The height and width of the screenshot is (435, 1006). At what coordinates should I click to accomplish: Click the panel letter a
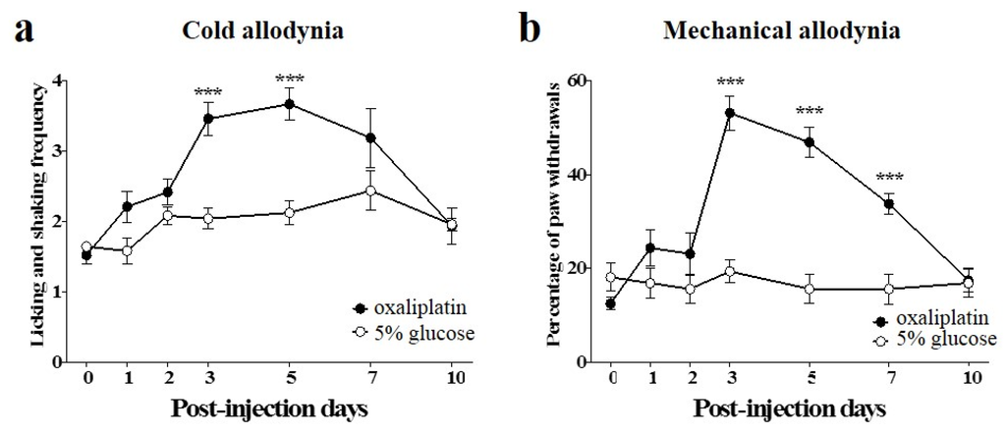(x=21, y=30)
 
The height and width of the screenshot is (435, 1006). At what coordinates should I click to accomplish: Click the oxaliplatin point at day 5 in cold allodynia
(x=290, y=104)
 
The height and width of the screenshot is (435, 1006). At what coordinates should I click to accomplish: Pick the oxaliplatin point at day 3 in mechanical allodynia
(x=730, y=113)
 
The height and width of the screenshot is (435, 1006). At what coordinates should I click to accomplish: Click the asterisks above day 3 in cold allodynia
(x=208, y=94)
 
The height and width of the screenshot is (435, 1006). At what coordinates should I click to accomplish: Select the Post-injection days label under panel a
(x=271, y=408)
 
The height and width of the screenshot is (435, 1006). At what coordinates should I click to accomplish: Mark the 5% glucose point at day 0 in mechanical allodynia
(x=610, y=278)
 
